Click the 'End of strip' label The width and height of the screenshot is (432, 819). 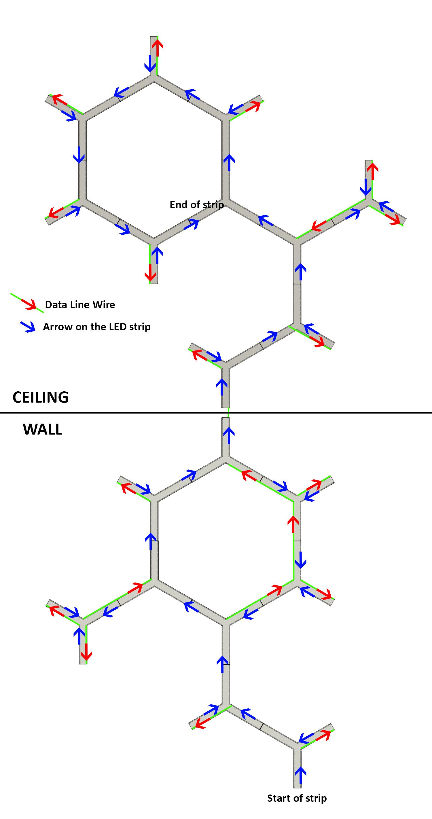coord(196,205)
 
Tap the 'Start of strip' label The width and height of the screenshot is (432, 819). coord(297,798)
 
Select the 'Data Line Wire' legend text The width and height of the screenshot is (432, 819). coord(80,305)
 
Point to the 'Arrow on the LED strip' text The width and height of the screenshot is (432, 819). coord(97,327)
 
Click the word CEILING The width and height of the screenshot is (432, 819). coord(40,397)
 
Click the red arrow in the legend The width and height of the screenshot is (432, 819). coord(29,304)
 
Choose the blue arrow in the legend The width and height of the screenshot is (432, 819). coord(28,327)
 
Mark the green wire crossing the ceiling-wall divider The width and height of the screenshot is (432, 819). coord(229,413)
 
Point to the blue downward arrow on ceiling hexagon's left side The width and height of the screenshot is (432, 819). coord(79,155)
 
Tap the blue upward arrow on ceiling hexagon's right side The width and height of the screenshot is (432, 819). coord(229,162)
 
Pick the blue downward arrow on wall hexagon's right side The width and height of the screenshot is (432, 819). coord(300,560)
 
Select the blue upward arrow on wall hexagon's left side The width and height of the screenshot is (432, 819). coord(150,541)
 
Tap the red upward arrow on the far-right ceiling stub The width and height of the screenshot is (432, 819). coord(373,171)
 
